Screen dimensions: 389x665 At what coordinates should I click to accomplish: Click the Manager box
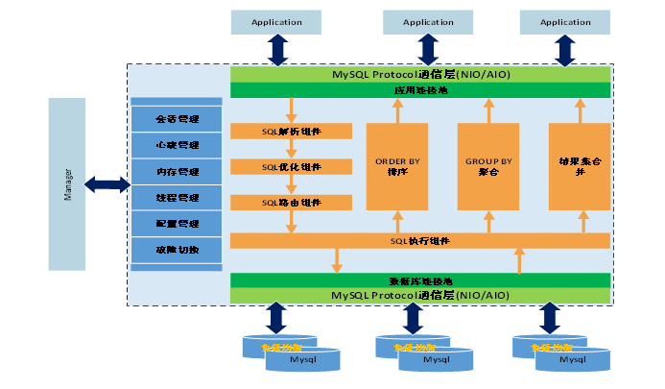coord(67,183)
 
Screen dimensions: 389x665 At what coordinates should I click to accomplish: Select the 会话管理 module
coord(177,119)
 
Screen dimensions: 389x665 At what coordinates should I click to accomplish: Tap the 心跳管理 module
coord(177,145)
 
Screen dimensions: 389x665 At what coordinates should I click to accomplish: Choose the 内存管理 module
coord(177,172)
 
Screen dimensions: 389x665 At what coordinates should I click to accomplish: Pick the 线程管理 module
coord(177,198)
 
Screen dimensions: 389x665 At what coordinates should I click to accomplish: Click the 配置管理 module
coord(177,224)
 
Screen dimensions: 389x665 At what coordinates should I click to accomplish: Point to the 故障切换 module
coord(177,250)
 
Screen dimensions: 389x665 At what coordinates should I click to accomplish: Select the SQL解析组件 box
coord(291,131)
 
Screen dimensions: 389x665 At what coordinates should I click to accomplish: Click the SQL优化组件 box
coord(291,167)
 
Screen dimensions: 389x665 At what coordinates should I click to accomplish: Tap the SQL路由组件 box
coord(291,203)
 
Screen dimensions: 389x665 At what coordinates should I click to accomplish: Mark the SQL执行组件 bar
coord(420,240)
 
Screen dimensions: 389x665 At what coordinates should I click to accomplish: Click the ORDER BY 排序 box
coord(397,166)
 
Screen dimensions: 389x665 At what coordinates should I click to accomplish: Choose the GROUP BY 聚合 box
coord(488,166)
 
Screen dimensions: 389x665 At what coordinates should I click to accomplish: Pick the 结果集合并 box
coord(580,166)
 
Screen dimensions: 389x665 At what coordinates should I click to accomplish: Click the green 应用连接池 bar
coord(420,90)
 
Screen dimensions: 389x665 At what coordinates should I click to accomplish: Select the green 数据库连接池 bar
coord(420,280)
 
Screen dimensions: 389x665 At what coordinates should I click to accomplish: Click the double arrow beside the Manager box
coord(107,184)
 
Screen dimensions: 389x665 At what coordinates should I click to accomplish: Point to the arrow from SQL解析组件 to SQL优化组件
coord(291,149)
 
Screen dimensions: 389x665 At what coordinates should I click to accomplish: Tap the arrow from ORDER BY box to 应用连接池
coord(397,110)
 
